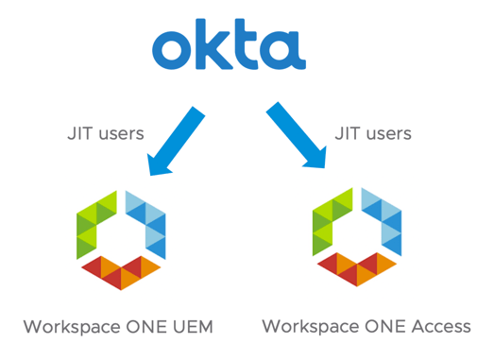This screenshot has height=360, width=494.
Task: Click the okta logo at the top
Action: [x=228, y=47]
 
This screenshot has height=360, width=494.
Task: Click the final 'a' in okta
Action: [x=283, y=52]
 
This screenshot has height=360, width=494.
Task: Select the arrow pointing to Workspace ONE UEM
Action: [x=176, y=141]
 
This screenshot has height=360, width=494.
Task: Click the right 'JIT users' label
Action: [x=373, y=133]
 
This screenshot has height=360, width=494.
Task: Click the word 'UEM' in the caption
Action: [x=192, y=328]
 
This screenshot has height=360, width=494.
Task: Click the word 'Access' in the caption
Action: [x=441, y=327]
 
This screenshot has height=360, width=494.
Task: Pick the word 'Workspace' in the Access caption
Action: [x=309, y=327]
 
